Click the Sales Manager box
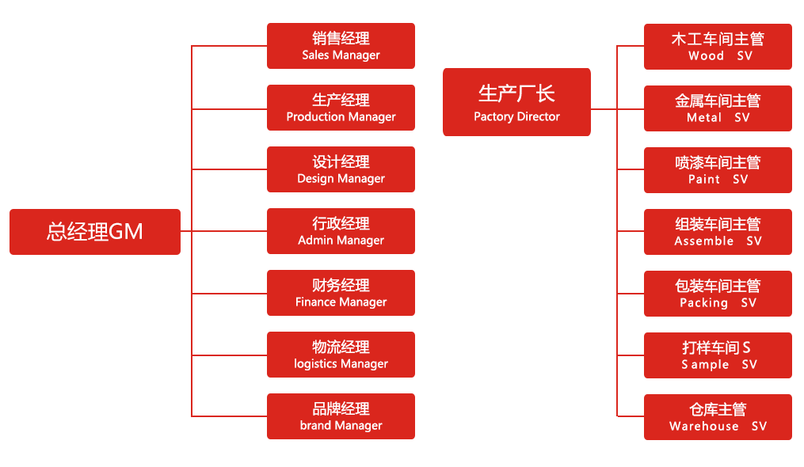coord(341,46)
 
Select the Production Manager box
coord(341,108)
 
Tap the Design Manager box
coord(341,169)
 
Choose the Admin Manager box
coord(341,231)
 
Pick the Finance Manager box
coord(341,293)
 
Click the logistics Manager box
coord(341,355)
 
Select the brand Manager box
coord(341,416)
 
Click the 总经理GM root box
coord(95,231)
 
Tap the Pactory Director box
coord(516,102)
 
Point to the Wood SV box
coord(718,47)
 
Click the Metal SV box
coord(718,108)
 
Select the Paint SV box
coord(718,170)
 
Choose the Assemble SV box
coord(718,232)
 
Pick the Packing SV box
coord(718,294)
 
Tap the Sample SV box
coord(718,355)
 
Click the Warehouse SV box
coord(718,417)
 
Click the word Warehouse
coord(703,427)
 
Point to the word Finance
coord(316,302)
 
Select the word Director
coord(538,117)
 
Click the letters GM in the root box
coord(126,232)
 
